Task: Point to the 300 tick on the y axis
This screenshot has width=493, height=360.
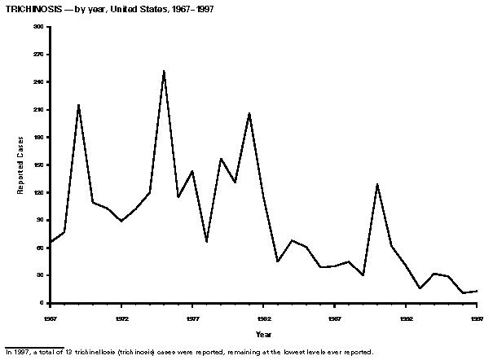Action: pyautogui.click(x=39, y=27)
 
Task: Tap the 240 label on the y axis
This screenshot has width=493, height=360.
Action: pyautogui.click(x=39, y=82)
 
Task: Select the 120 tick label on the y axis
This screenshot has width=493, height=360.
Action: pyautogui.click(x=39, y=193)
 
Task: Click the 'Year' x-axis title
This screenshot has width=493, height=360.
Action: pyautogui.click(x=263, y=335)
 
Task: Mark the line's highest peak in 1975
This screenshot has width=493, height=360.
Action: pyautogui.click(x=164, y=71)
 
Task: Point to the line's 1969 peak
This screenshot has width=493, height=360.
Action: pyautogui.click(x=78, y=104)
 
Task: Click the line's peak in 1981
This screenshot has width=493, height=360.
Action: pyautogui.click(x=249, y=112)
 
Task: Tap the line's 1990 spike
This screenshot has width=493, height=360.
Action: pyautogui.click(x=377, y=184)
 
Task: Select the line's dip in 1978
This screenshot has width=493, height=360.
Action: pyautogui.click(x=206, y=242)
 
